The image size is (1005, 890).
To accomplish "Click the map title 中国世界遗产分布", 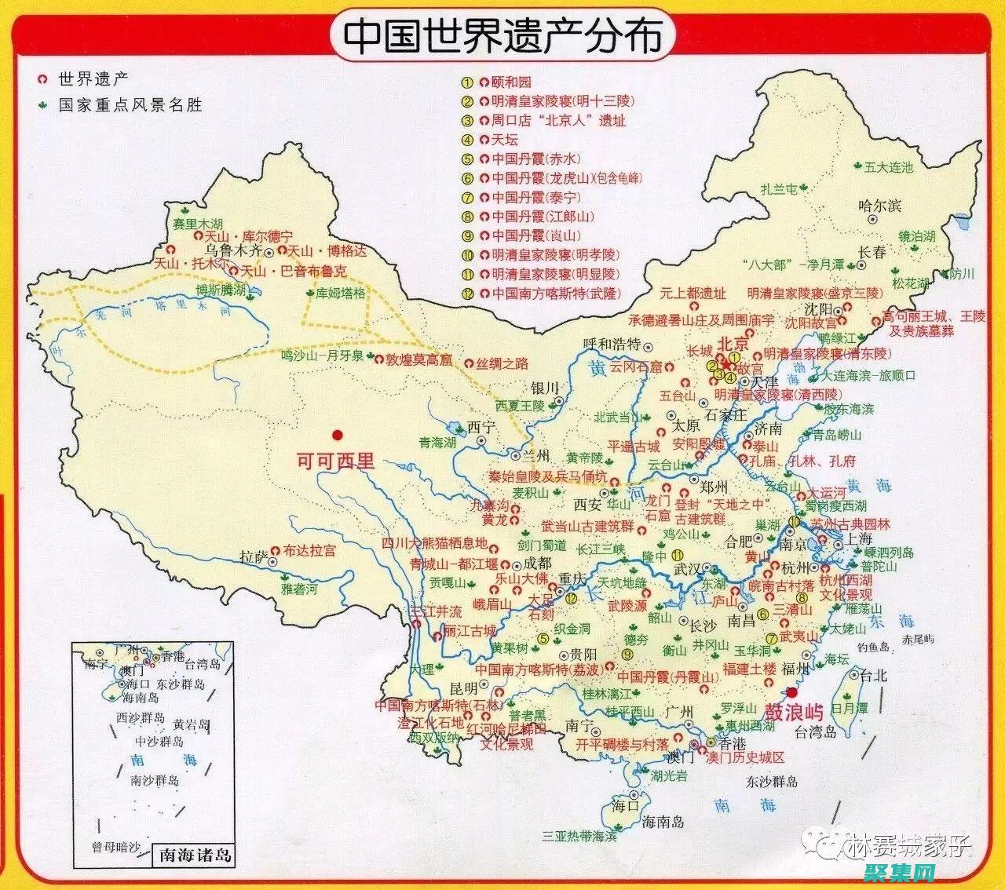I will pyautogui.click(x=502, y=36).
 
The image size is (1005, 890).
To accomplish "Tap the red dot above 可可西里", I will pyautogui.click(x=338, y=434).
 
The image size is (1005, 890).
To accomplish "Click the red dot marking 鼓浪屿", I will pyautogui.click(x=791, y=691).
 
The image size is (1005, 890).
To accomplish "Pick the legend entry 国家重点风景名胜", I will pyautogui.click(x=130, y=104).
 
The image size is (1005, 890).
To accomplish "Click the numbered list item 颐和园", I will pyautogui.click(x=511, y=82).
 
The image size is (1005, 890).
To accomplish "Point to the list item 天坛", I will pyautogui.click(x=505, y=140).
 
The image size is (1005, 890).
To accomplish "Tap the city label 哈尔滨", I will pyautogui.click(x=880, y=206).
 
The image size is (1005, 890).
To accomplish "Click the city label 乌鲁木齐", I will pyautogui.click(x=232, y=251).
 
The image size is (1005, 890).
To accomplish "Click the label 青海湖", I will pyautogui.click(x=437, y=443).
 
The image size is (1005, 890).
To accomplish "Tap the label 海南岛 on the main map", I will pyautogui.click(x=663, y=822).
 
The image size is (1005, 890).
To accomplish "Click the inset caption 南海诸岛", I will pyautogui.click(x=196, y=853).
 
